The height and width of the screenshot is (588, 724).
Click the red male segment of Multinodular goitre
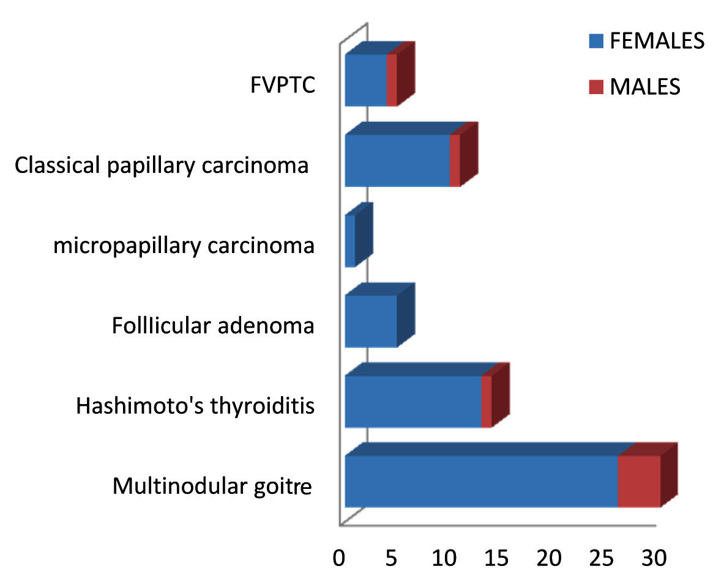639,481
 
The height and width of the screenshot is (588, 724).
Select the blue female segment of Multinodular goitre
481,481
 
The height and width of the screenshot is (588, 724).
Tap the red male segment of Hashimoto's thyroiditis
487,402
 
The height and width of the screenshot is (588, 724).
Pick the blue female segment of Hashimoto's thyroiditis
413,402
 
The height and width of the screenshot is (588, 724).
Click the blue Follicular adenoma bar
371,321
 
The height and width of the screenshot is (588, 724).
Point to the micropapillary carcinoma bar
350,241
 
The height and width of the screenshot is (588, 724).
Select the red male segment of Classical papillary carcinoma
455,161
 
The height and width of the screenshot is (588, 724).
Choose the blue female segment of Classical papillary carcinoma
397,161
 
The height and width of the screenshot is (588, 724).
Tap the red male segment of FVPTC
392,80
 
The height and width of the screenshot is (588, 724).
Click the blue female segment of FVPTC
365,80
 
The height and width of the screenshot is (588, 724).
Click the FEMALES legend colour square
596,42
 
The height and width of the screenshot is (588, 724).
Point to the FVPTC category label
282,85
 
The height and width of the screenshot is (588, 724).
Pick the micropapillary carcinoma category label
184,246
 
